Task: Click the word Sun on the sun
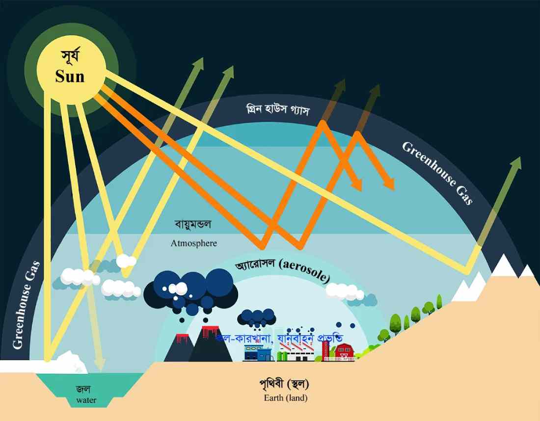(70, 77)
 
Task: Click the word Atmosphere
(193, 243)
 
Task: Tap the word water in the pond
(86, 400)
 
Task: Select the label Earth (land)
(285, 398)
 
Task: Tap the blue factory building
(258, 353)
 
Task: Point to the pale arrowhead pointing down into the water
(99, 364)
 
